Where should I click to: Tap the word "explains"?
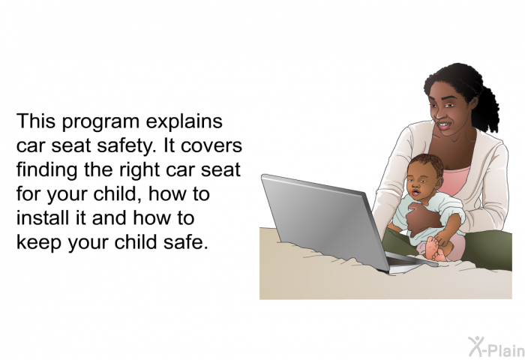tap(184, 121)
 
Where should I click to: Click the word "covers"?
tap(211, 147)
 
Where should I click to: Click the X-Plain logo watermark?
tap(496, 346)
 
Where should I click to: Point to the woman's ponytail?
tap(488, 108)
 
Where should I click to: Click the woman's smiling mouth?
tap(444, 125)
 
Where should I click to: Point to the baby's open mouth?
tap(415, 193)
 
